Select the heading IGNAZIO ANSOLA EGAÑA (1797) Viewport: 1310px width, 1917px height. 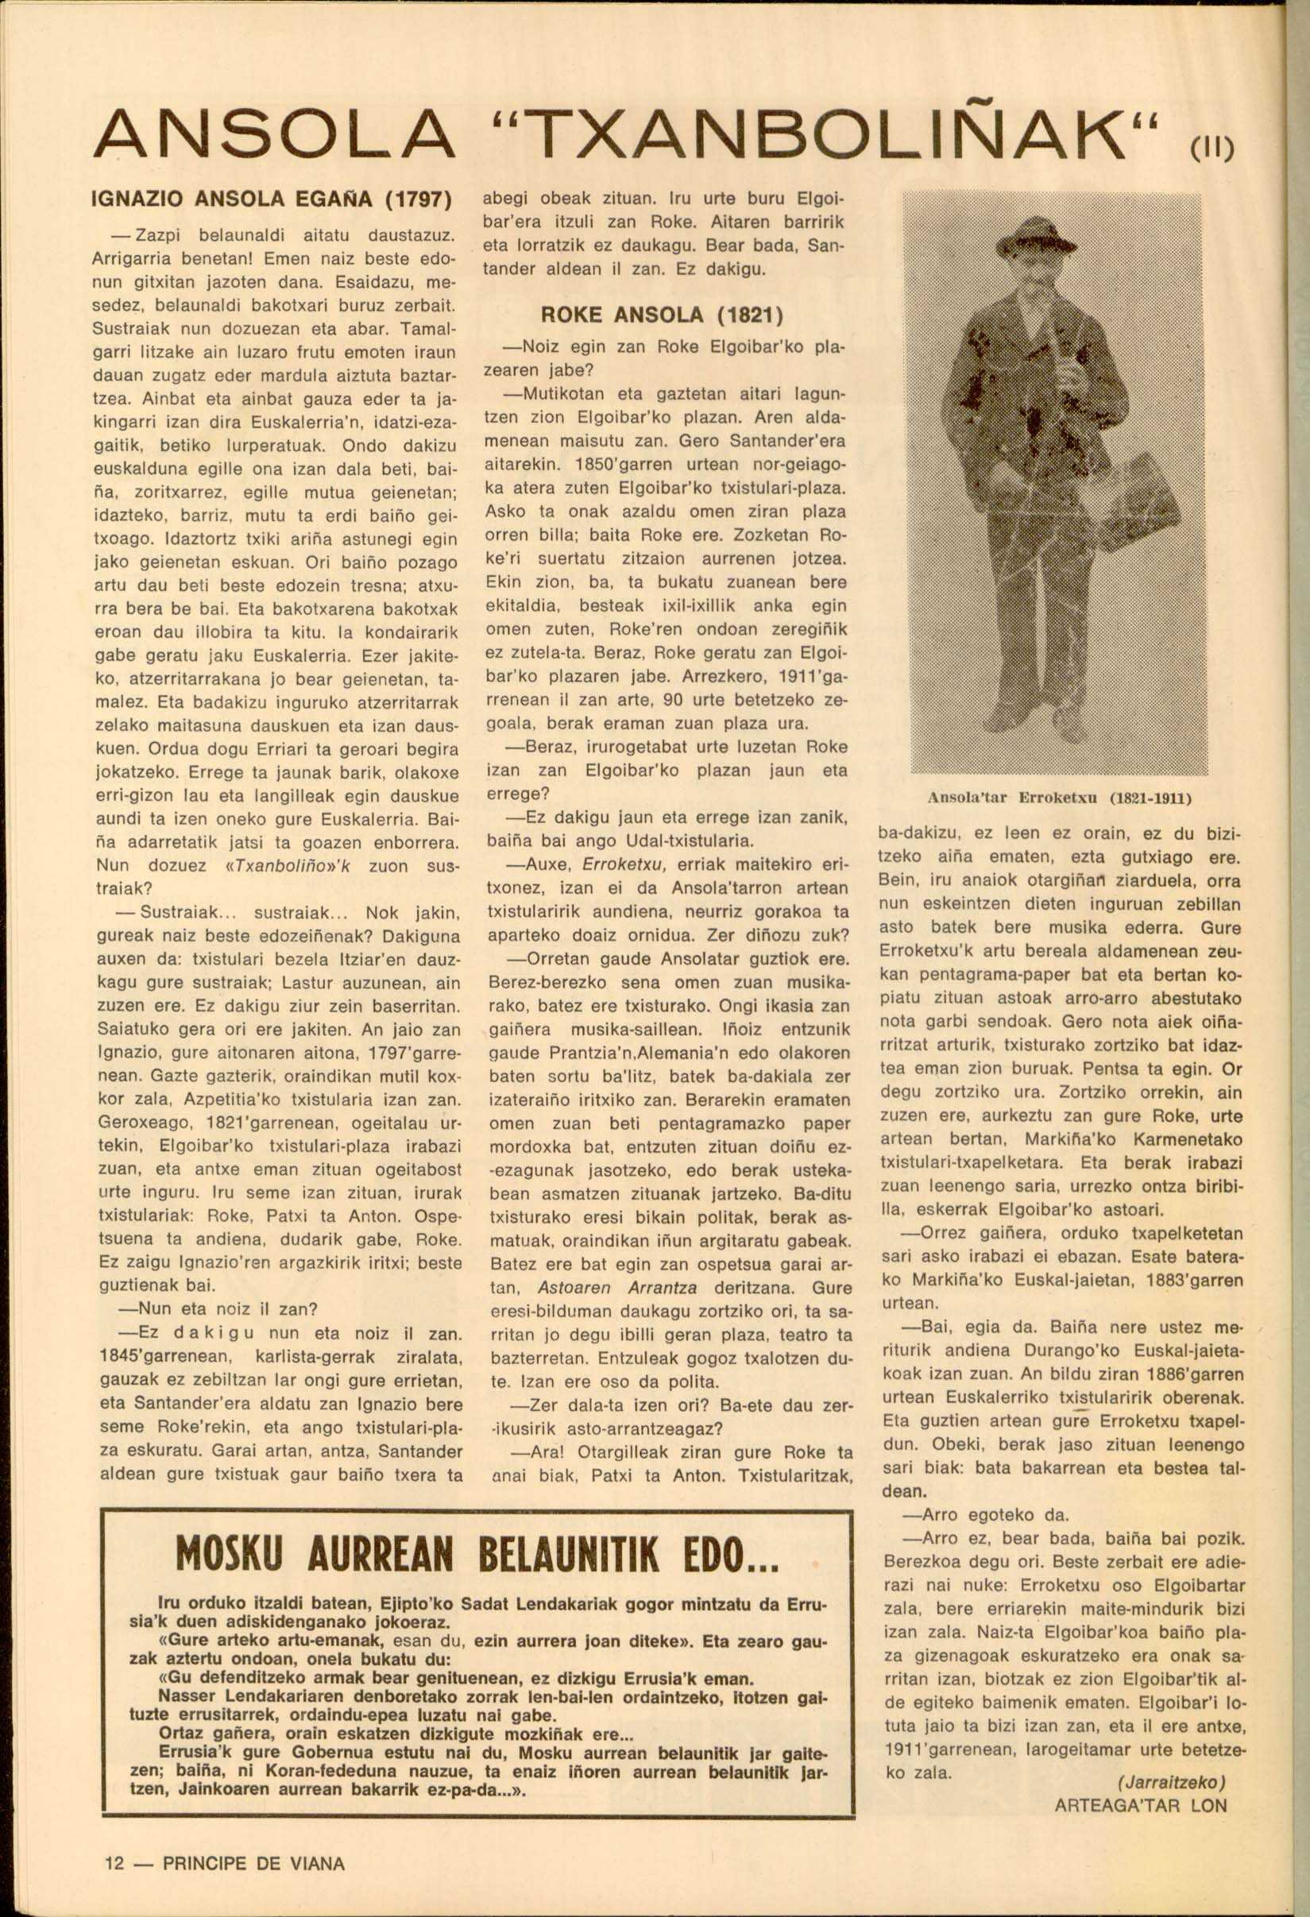coord(274,200)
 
